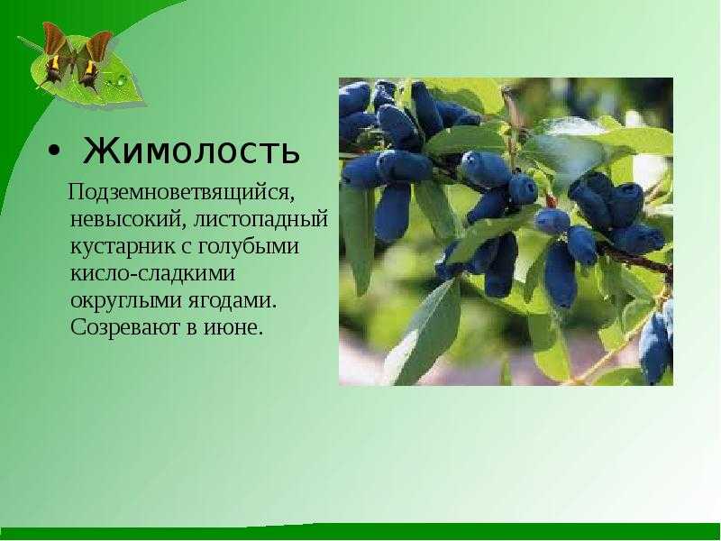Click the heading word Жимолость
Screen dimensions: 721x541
[x=191, y=151]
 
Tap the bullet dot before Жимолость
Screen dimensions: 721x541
[x=54, y=151]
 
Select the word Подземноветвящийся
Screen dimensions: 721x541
[x=181, y=193]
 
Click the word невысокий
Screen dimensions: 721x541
[x=127, y=219]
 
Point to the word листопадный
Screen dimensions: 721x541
[x=260, y=220]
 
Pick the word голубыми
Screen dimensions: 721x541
[x=249, y=246]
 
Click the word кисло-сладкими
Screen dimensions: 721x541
[x=152, y=273]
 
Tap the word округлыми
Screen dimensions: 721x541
[x=124, y=301]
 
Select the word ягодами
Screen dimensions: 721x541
[x=233, y=301]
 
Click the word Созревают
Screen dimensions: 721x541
[x=123, y=327]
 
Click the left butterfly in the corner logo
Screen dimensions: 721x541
[x=57, y=54]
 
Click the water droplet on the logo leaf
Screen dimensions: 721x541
[x=123, y=80]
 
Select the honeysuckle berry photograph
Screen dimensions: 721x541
[x=506, y=232]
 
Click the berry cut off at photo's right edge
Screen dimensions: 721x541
[x=658, y=343]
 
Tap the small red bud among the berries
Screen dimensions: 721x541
[x=551, y=201]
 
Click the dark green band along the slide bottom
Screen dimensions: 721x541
[x=360, y=532]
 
